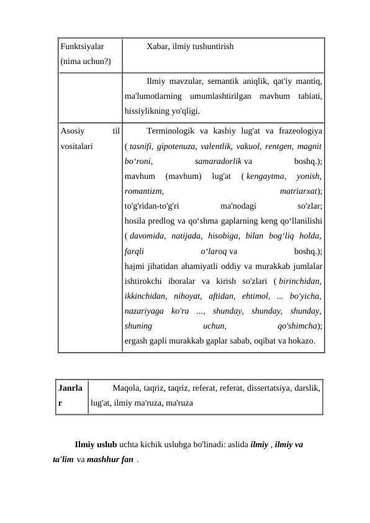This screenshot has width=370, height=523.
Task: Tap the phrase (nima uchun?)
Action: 86,61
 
